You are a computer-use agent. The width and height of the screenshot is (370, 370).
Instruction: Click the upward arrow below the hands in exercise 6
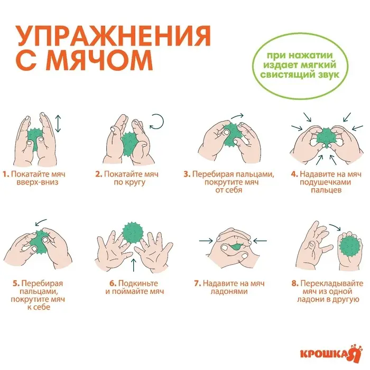132,265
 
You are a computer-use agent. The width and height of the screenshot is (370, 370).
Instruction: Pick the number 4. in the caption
294,174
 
